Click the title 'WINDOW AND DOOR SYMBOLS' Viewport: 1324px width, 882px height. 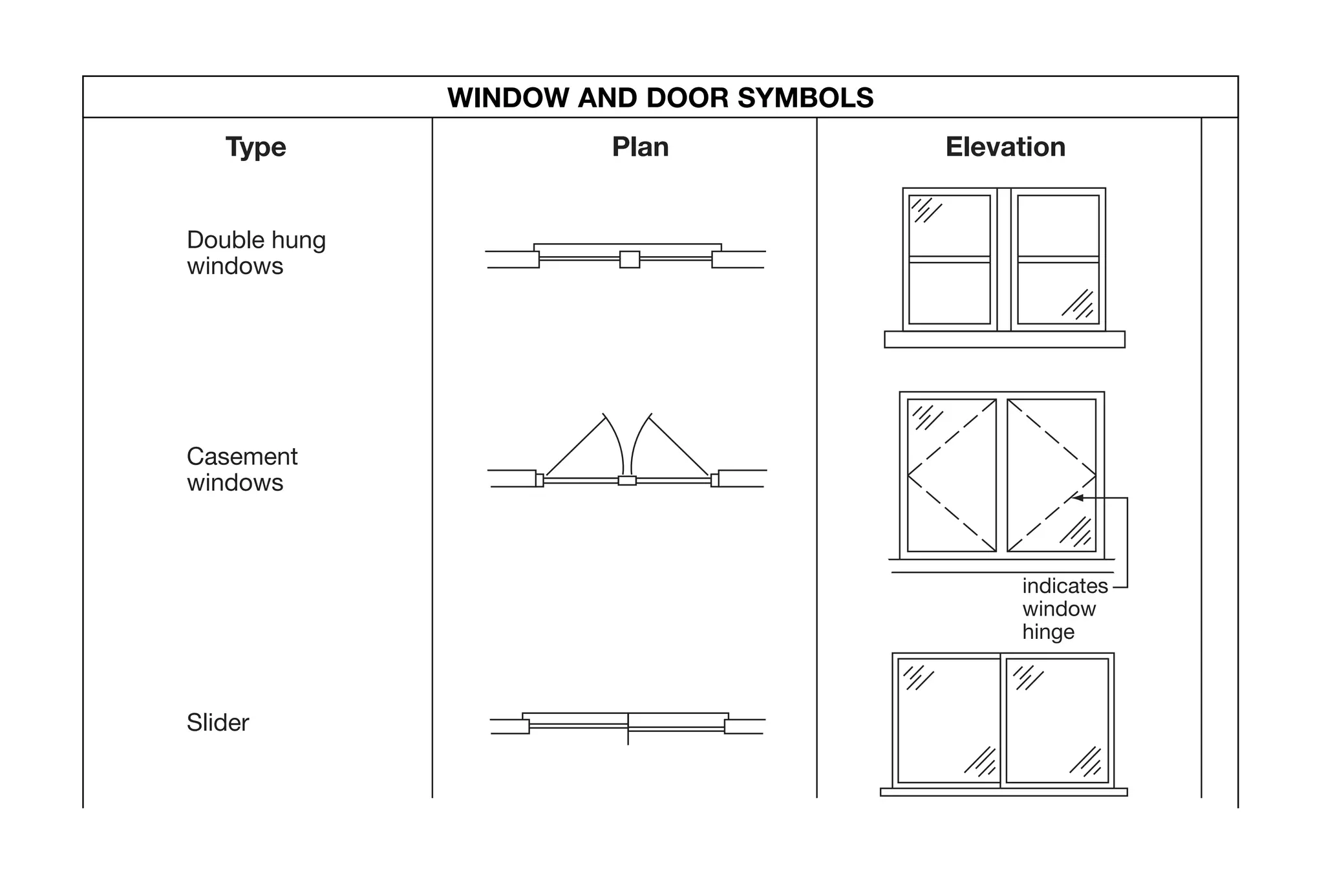pos(660,98)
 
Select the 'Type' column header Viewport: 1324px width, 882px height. pos(255,147)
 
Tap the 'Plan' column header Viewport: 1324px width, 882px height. pos(640,147)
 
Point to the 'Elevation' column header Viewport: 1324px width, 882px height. pos(1005,147)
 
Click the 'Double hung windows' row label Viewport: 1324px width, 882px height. pos(256,253)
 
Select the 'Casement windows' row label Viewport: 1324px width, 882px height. pos(242,469)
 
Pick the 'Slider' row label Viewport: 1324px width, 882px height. pos(218,722)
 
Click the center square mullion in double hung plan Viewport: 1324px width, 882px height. pos(630,259)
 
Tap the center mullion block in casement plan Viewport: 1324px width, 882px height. pos(627,480)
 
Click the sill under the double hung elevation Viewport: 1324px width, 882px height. pos(1004,339)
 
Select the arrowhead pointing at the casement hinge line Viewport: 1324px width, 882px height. pos(1078,497)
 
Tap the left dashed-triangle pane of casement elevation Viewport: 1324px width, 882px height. pos(952,475)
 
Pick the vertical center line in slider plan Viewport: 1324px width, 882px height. pos(628,737)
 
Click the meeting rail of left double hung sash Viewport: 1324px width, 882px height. pos(949,259)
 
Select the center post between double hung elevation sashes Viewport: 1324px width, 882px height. pos(1004,259)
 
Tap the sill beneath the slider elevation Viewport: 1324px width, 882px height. pos(1003,792)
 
